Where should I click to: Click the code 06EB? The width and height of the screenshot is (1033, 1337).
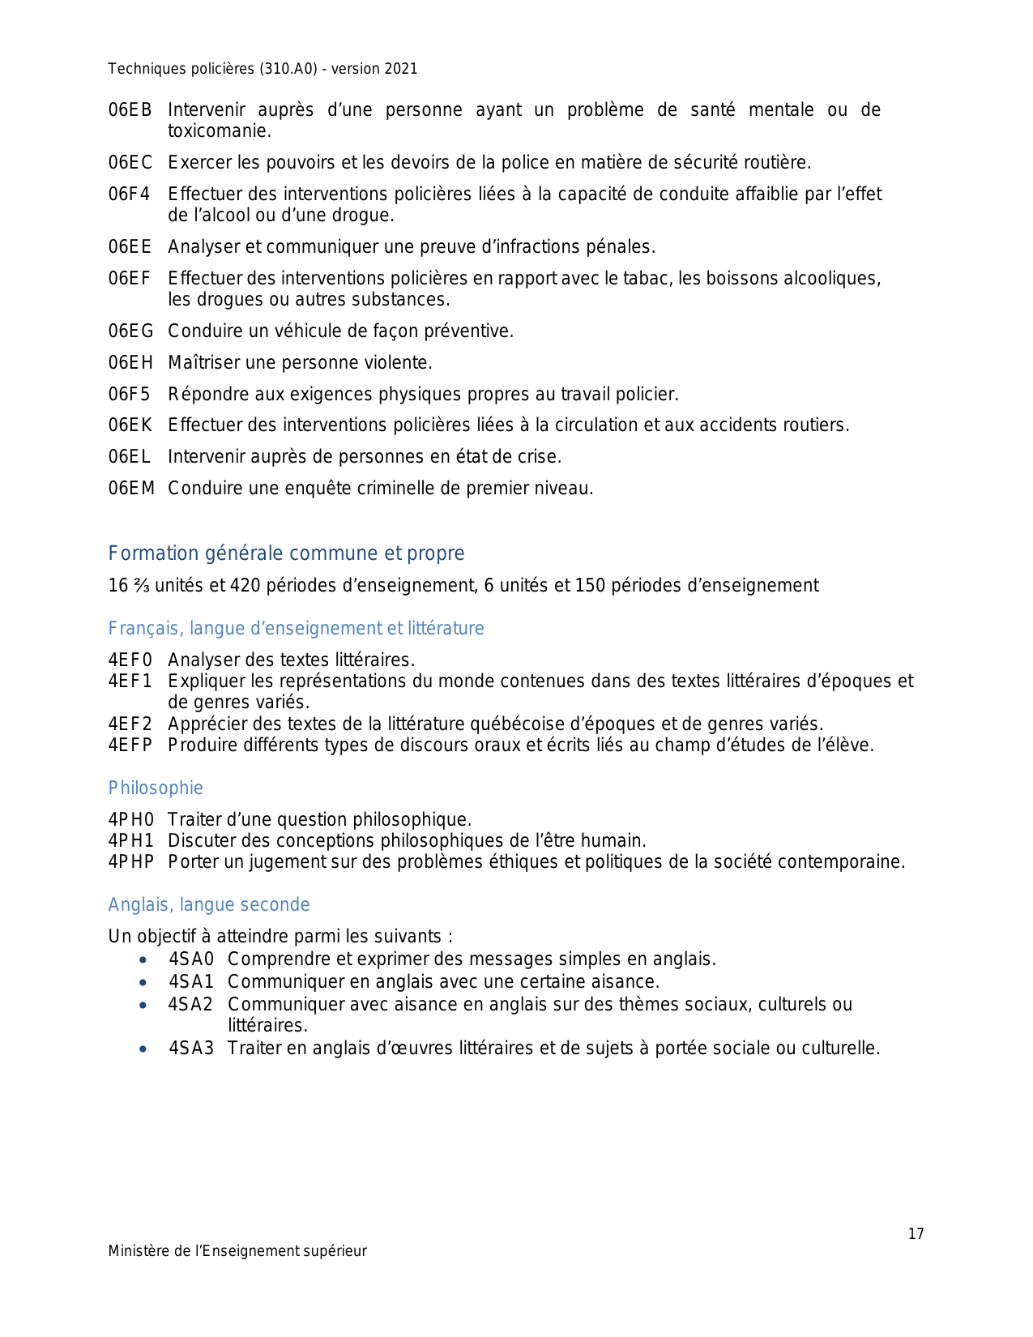click(x=130, y=110)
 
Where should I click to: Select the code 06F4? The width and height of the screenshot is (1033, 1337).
click(x=130, y=194)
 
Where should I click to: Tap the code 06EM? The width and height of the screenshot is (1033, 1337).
click(x=131, y=489)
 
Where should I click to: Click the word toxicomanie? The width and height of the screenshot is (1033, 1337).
click(x=218, y=131)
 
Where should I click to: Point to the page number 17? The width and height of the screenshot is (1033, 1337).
click(x=916, y=1234)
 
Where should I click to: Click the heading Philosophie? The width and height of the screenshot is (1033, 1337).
click(x=156, y=788)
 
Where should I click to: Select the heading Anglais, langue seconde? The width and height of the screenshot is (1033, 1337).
click(x=209, y=905)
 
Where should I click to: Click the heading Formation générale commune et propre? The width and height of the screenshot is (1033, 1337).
click(x=286, y=553)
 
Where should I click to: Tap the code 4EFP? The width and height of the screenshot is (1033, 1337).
click(x=130, y=745)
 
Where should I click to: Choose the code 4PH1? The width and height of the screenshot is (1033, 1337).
click(x=130, y=841)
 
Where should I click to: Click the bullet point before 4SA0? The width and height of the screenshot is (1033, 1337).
click(x=143, y=960)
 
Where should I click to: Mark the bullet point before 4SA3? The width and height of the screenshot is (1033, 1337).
click(x=143, y=1049)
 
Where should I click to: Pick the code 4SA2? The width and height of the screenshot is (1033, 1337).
click(x=190, y=1005)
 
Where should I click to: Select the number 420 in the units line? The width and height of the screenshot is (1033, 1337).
click(x=245, y=586)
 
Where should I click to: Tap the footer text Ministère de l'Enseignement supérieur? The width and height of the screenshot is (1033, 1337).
click(x=237, y=1251)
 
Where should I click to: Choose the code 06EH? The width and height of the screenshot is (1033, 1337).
click(x=130, y=363)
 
